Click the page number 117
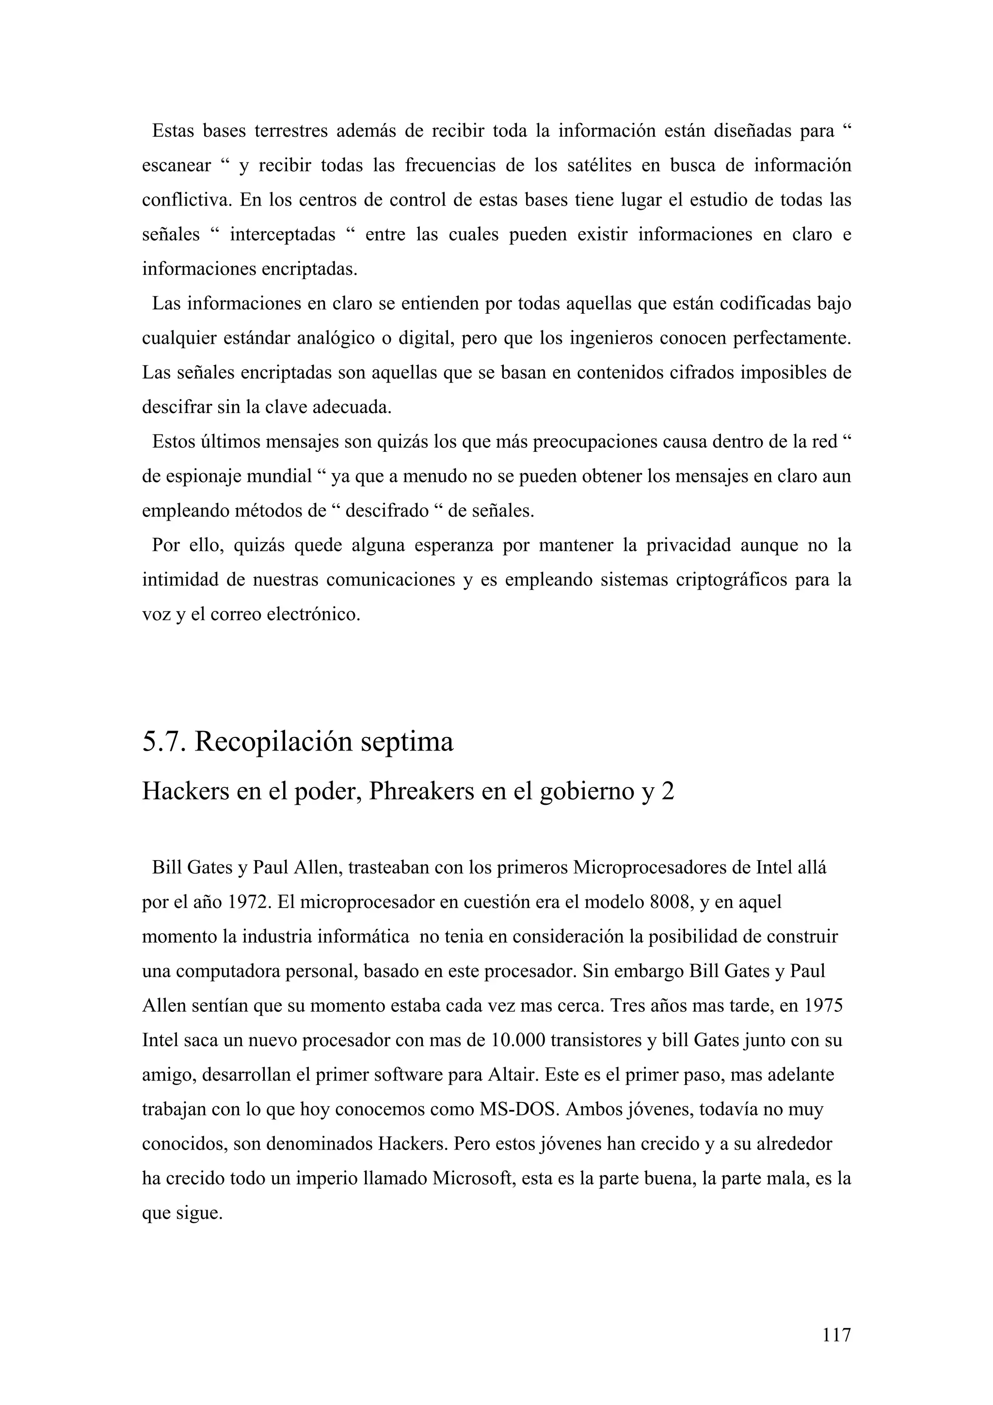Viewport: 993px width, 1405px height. [836, 1335]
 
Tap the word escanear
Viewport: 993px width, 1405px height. [176, 166]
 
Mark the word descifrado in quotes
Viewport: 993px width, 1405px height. [386, 511]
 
